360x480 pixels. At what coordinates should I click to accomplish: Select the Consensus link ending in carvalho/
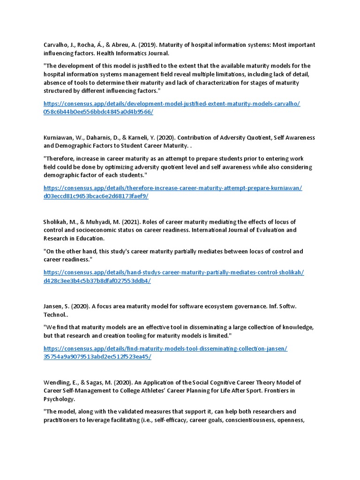pyautogui.click(x=172, y=104)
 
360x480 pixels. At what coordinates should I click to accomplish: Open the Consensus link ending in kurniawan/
pyautogui.click(x=172, y=188)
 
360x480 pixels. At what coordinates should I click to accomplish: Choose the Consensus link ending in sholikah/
pyautogui.click(x=173, y=272)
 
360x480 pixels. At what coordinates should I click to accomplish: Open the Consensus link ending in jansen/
pyautogui.click(x=165, y=348)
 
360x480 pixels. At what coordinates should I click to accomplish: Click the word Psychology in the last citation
pyautogui.click(x=59, y=399)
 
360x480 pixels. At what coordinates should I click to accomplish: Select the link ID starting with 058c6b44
pyautogui.click(x=98, y=112)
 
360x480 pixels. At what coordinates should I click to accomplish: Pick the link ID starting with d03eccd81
pyautogui.click(x=96, y=196)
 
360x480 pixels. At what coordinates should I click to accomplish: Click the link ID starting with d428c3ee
pyautogui.click(x=97, y=281)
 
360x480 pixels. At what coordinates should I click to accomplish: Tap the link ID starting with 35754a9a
pyautogui.click(x=97, y=357)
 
